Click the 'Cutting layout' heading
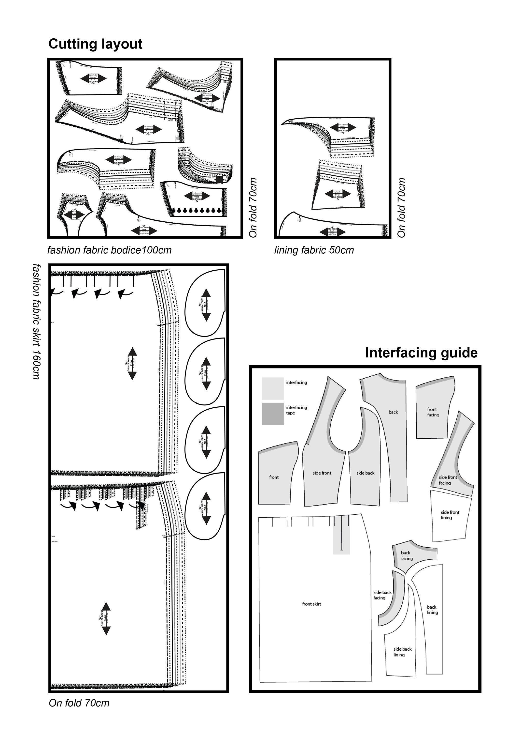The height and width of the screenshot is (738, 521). (95, 44)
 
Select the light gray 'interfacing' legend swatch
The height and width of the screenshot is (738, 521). (273, 388)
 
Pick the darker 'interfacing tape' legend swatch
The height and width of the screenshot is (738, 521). (273, 414)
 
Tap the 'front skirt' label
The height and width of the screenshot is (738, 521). (311, 604)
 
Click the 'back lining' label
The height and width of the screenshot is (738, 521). (432, 610)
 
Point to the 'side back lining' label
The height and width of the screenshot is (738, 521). (402, 652)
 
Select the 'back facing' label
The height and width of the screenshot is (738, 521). (406, 556)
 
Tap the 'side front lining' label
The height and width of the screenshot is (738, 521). (450, 515)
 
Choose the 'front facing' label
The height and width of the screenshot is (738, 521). (433, 412)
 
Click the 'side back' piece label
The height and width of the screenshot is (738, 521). (365, 473)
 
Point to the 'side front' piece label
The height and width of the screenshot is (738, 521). (322, 473)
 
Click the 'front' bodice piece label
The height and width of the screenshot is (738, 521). (274, 477)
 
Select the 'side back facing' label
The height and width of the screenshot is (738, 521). (382, 595)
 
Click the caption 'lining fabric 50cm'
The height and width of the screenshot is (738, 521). (314, 250)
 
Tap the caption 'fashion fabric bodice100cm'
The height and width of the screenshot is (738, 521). (109, 250)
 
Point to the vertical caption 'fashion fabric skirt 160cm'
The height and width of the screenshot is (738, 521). (37, 322)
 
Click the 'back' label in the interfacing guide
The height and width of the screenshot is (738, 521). (393, 412)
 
